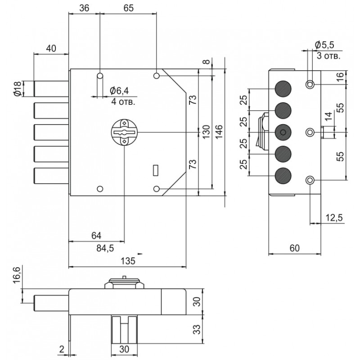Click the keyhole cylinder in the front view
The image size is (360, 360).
coord(124,132)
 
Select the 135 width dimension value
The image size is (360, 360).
coord(128,261)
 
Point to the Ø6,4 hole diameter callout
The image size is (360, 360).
coord(119,91)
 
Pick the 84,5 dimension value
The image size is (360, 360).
coord(105,249)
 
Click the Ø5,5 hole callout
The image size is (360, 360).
coord(324,45)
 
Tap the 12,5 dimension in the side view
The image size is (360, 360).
coord(334,217)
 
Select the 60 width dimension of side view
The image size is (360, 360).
coord(295,248)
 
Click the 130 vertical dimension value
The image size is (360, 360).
coord(206,131)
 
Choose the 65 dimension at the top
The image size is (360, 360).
coord(128,8)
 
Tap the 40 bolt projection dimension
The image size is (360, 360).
coord(51,49)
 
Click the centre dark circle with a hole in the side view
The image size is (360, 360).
coord(283,132)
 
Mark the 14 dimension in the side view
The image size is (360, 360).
coord(329,117)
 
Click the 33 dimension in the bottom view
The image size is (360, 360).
coord(197,329)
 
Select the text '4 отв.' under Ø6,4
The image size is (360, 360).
coord(123,102)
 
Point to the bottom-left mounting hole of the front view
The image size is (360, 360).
coord(100,189)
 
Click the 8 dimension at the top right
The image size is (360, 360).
coord(207,62)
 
